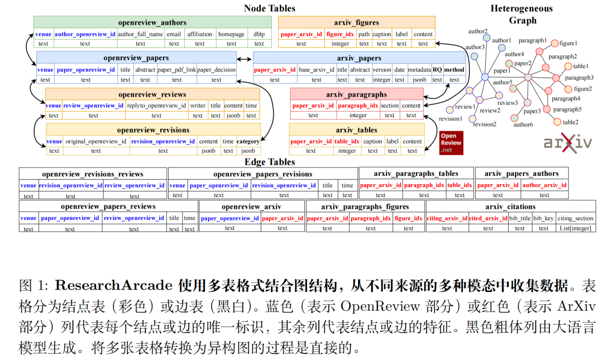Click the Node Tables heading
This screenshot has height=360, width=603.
[x=269, y=8]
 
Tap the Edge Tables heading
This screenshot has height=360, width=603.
[x=269, y=162]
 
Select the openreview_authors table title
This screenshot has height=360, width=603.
[x=152, y=23]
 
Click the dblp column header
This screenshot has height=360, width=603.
[x=259, y=33]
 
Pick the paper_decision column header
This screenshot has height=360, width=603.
[x=217, y=70]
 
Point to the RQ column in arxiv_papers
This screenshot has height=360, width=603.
[x=437, y=70]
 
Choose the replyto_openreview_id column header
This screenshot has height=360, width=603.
[x=156, y=105]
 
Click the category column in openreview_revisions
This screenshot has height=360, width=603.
[x=248, y=141]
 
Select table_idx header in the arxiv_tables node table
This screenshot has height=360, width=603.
[x=347, y=141]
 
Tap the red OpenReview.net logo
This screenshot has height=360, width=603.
[x=451, y=143]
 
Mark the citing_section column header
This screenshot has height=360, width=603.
[x=576, y=218]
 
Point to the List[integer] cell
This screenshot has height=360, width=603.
[x=576, y=228]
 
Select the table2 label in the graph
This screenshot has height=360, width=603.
[x=571, y=122]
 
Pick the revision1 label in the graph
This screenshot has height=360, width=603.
[x=450, y=119]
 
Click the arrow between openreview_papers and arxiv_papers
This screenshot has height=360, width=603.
[x=245, y=59]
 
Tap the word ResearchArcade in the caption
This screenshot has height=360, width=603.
[x=113, y=286]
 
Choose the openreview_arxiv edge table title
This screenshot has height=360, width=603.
[x=252, y=207]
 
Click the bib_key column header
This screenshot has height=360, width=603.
[x=543, y=218]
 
